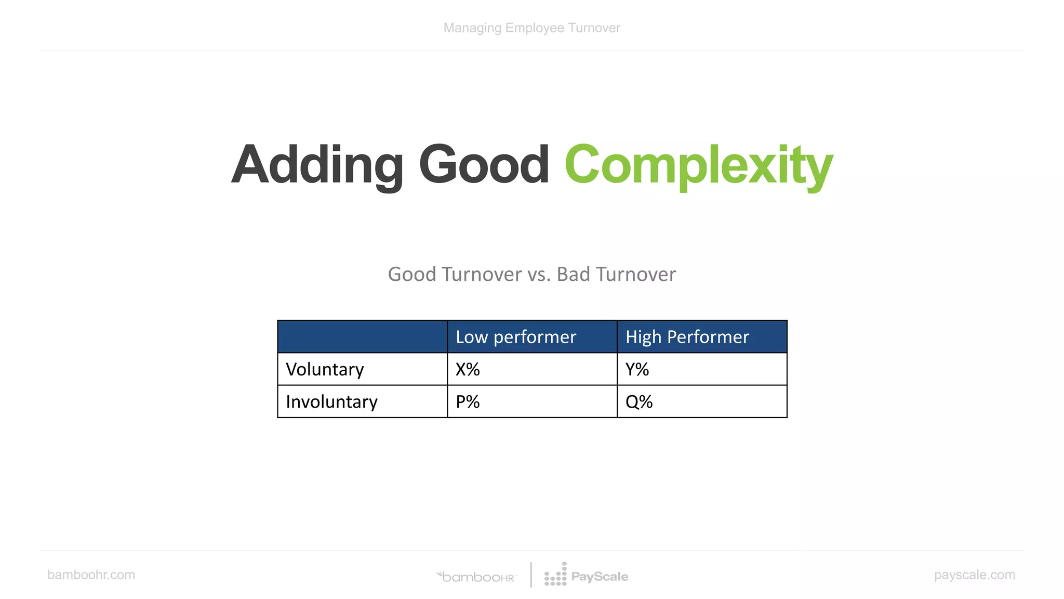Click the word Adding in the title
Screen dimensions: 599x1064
317,165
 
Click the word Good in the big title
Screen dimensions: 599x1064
484,165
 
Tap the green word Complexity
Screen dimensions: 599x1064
698,165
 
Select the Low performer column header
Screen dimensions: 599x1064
516,337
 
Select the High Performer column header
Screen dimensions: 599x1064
687,337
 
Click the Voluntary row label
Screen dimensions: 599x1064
325,369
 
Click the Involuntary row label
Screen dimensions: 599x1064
331,401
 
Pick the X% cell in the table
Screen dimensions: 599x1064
468,369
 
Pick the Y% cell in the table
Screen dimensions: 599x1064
637,369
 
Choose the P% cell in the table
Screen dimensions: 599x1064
468,401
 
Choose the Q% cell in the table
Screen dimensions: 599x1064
639,401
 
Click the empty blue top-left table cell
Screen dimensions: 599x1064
362,337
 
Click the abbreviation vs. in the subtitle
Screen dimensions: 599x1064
539,274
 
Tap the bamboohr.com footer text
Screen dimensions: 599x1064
91,575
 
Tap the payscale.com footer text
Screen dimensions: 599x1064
974,575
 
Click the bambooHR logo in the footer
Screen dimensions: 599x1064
477,577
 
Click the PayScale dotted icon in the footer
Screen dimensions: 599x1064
555,575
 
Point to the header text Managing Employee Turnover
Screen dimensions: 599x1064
531,28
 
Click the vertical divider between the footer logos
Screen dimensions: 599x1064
531,575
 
